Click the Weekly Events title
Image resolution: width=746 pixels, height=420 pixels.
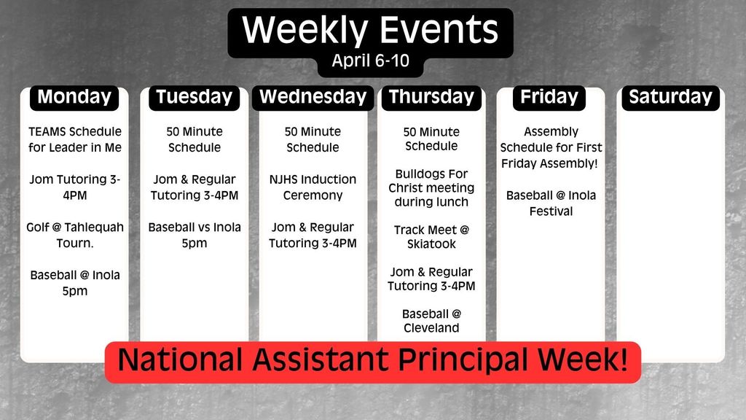click(x=370, y=31)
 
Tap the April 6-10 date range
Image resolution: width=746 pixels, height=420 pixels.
click(x=370, y=61)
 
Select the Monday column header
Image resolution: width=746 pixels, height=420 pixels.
click(x=74, y=97)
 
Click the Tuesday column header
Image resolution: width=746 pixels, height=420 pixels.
click(x=194, y=97)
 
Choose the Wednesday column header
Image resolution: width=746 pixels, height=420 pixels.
click(x=313, y=97)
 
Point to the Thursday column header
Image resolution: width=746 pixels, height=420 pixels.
click(x=431, y=97)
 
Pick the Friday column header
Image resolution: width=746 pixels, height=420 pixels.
click(x=549, y=97)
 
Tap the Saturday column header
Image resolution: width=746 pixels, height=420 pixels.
click(x=670, y=97)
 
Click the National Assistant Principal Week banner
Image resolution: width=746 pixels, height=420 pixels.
click(x=372, y=361)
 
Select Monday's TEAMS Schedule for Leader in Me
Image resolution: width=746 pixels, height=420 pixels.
click(x=75, y=140)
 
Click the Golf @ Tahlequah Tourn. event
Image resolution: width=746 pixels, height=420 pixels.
click(x=75, y=235)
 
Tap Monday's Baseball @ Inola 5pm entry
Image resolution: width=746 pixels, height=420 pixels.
click(x=75, y=283)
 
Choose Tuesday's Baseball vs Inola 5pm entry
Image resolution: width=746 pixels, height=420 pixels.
click(x=195, y=235)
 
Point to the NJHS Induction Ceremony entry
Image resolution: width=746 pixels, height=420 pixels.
click(x=313, y=187)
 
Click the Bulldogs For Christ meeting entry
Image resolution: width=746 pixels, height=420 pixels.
click(x=431, y=188)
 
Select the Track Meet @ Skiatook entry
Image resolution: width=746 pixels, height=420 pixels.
click(x=431, y=237)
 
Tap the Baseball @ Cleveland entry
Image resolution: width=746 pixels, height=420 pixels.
click(x=431, y=321)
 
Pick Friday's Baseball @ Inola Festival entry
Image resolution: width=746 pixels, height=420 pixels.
click(x=551, y=203)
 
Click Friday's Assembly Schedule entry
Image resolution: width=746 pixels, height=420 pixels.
click(x=551, y=147)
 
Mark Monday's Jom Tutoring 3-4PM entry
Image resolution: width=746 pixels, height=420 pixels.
click(x=75, y=187)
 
